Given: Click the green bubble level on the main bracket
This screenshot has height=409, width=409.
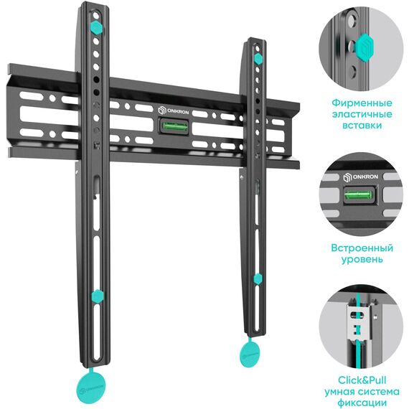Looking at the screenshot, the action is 175,126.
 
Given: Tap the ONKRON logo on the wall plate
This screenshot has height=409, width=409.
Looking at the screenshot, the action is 174,111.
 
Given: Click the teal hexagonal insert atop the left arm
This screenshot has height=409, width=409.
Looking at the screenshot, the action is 96,27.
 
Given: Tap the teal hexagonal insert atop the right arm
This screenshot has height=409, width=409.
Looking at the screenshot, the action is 258,59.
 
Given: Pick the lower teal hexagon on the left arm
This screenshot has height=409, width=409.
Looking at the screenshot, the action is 98,296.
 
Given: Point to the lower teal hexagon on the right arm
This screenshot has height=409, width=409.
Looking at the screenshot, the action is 258,279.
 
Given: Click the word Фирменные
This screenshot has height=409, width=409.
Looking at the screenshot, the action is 362,103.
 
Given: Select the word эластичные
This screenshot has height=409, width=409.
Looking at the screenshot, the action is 362,114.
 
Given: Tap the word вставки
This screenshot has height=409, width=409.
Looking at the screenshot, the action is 362,126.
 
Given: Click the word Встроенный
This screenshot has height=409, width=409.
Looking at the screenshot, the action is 362,248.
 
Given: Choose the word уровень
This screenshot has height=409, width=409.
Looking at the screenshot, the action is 362,260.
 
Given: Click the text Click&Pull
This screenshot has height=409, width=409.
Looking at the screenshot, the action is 362,380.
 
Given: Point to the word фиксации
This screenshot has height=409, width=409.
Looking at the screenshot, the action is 362,403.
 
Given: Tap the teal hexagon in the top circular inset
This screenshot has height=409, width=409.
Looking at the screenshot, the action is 365,48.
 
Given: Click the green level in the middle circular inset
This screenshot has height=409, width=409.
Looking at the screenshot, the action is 358,194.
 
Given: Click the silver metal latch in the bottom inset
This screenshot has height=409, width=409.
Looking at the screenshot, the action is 359,321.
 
